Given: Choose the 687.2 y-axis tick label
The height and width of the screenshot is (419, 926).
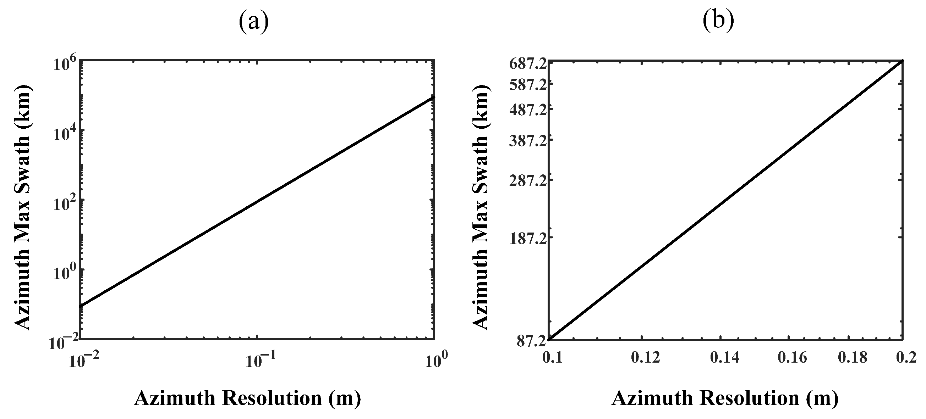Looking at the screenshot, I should [x=526, y=65].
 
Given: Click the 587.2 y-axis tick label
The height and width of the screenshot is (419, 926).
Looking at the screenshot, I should [x=526, y=85].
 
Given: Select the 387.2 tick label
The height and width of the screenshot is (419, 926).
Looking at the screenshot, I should [x=526, y=141].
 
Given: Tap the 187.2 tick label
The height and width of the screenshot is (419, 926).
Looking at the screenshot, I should [x=526, y=240].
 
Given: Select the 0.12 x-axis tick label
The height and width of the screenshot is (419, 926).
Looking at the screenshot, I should [x=646, y=357].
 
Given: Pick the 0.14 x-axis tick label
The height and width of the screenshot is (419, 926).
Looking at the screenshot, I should [x=725, y=357].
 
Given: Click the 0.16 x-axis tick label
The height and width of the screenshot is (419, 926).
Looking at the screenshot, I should [x=792, y=357].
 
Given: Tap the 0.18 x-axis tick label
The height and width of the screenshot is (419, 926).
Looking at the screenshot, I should [x=852, y=357].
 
